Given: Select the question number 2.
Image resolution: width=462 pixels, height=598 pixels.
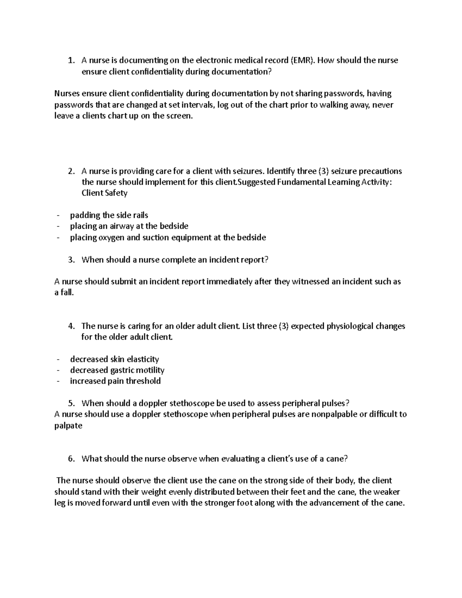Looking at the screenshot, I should point(70,171).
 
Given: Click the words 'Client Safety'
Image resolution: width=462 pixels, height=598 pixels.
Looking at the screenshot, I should point(104,193).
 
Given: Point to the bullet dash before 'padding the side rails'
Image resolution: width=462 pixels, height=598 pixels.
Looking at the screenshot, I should point(58,215).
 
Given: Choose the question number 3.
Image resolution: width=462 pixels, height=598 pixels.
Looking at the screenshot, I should point(70,260).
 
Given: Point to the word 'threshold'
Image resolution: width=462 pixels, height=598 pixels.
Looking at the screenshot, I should point(143,381).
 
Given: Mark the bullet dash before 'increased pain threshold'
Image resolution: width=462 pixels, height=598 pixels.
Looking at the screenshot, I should point(58,381).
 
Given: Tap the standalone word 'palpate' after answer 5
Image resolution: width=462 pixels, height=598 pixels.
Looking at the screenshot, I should point(68,426).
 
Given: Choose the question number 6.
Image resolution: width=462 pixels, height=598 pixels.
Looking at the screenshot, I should point(70,459).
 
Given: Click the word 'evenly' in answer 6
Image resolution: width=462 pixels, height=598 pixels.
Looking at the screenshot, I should point(179,492).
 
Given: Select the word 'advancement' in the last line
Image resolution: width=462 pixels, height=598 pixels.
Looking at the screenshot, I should point(334,503).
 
